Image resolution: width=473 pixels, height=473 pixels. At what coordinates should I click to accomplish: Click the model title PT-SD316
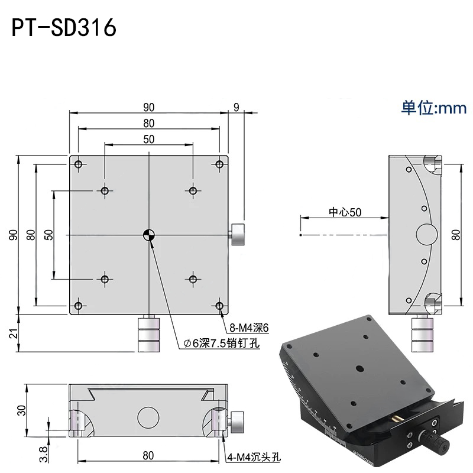(64, 28)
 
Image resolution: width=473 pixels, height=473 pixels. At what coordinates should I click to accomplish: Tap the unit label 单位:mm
(434, 108)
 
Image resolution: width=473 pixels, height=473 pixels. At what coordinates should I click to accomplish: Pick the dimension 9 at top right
(237, 107)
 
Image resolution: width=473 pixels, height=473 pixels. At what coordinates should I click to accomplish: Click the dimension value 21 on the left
(12, 334)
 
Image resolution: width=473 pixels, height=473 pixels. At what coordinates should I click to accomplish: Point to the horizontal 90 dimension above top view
(148, 107)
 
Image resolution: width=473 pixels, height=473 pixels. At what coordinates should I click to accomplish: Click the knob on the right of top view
(238, 235)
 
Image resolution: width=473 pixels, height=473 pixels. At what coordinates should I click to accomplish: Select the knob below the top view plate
(148, 334)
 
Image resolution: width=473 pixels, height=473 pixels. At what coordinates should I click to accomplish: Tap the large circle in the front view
(148, 417)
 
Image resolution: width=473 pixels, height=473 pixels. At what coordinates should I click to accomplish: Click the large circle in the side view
(426, 234)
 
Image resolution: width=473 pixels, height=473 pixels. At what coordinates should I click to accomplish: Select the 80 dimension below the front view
(148, 455)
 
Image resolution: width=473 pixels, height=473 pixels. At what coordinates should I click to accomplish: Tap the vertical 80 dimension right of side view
(456, 234)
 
